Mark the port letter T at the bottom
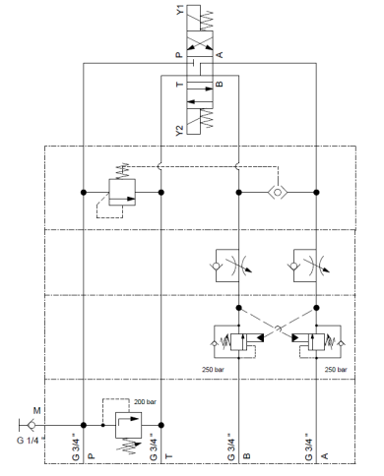168,456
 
